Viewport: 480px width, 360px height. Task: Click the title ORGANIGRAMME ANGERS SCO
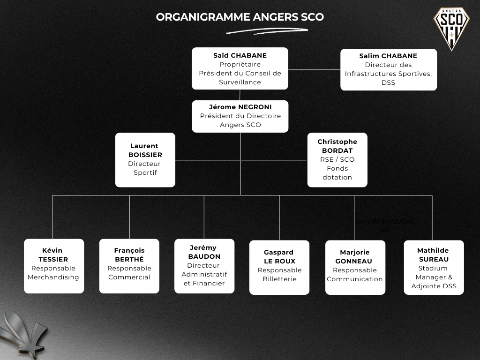(x=240, y=17)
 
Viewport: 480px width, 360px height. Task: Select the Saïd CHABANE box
(x=240, y=68)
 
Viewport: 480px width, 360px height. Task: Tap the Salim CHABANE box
(x=388, y=69)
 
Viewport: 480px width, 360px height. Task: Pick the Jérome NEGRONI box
(x=240, y=116)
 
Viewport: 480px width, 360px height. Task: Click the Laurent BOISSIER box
(x=145, y=159)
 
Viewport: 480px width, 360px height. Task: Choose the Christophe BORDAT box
(x=337, y=159)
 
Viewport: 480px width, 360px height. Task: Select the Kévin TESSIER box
(x=54, y=266)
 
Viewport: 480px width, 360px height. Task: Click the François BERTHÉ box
(x=129, y=266)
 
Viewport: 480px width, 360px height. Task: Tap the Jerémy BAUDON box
(x=204, y=266)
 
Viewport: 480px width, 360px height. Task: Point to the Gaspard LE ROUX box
(x=279, y=267)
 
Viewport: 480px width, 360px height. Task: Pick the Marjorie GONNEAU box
(x=355, y=267)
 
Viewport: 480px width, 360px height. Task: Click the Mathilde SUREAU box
(x=434, y=267)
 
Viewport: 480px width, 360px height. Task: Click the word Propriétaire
(x=240, y=64)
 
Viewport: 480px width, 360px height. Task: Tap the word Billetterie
(x=279, y=279)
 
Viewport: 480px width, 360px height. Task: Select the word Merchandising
(x=53, y=277)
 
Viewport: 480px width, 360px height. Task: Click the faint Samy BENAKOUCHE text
(x=384, y=222)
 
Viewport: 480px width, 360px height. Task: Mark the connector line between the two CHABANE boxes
(x=314, y=69)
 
